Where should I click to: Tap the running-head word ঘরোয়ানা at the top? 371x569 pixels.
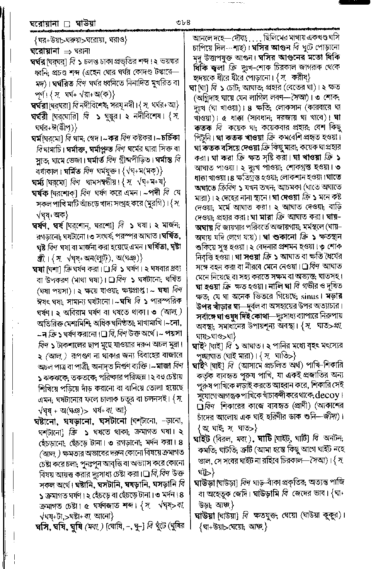(x=44, y=25)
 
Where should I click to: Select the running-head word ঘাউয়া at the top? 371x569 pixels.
(x=83, y=25)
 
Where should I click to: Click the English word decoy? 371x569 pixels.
(x=328, y=395)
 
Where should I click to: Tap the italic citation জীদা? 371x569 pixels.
(x=334, y=417)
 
